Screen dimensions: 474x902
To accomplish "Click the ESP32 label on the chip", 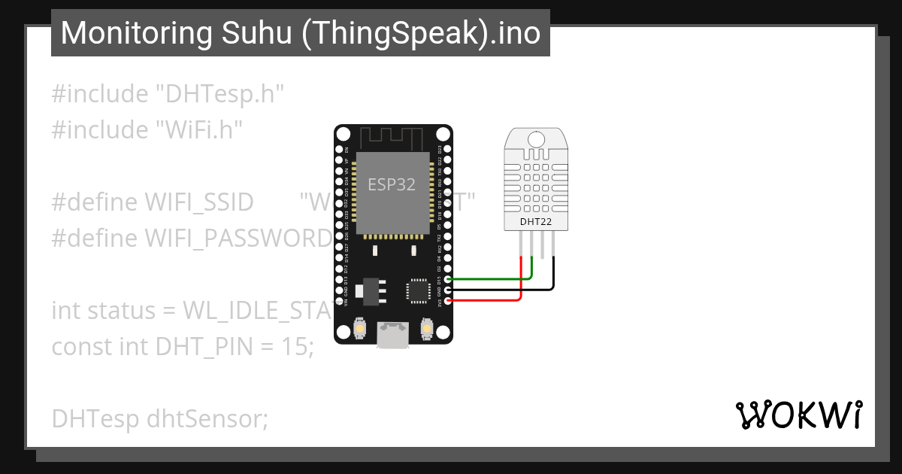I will click(x=392, y=184).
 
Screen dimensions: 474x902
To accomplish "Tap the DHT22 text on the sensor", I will click(x=536, y=221).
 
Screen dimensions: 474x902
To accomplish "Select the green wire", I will click(x=489, y=279).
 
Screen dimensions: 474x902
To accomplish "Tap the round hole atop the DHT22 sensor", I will click(x=536, y=139).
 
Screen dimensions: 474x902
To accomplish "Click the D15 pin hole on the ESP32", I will click(x=449, y=279).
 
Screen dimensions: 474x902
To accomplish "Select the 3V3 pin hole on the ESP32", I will click(x=449, y=301).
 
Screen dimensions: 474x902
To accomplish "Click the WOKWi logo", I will click(x=798, y=415).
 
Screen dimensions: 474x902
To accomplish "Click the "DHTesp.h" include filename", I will click(x=219, y=94).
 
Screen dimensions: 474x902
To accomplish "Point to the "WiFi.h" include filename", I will click(x=198, y=129).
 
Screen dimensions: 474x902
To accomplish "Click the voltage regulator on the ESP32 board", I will click(x=373, y=289).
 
